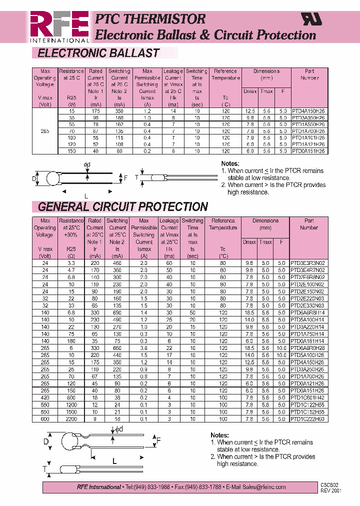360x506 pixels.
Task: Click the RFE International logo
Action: pos(59,27)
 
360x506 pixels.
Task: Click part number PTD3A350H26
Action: pos(308,117)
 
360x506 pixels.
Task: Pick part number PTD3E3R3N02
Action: pos(308,263)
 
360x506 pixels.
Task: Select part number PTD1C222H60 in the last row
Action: pos(308,419)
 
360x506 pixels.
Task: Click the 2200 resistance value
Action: pos(71,419)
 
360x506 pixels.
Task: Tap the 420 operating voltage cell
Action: pos(45,398)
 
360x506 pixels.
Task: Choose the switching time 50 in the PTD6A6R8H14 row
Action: pos(192,312)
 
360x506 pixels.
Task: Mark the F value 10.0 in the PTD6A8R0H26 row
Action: pos(282,348)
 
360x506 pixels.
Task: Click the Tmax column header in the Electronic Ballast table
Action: pos(266,91)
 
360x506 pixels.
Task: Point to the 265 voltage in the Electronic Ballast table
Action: pos(45,130)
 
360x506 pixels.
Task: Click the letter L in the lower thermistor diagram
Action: pos(114,461)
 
